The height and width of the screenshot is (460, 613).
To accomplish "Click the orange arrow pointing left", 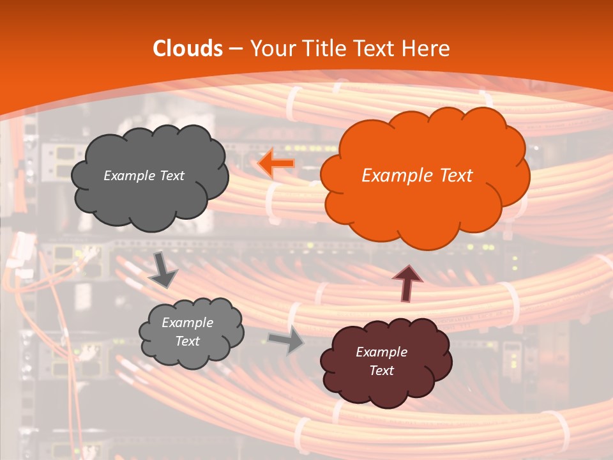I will [x=276, y=164].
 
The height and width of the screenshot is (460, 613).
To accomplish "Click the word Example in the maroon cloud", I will [x=381, y=352].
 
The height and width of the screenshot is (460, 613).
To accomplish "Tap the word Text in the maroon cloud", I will [x=381, y=371].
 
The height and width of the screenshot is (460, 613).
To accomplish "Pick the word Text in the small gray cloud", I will [x=187, y=341].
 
